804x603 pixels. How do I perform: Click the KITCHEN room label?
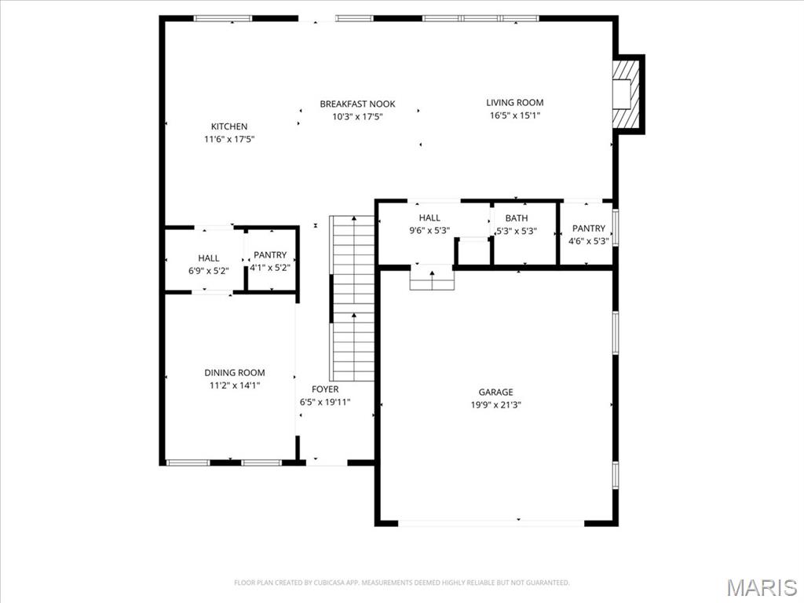click(x=228, y=126)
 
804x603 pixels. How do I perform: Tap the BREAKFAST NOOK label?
click(x=357, y=104)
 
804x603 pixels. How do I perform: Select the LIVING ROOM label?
click(x=514, y=102)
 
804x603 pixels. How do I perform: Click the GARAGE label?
click(x=495, y=392)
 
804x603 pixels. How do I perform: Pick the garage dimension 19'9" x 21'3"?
click(x=495, y=405)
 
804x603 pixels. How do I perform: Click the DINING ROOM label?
click(x=235, y=372)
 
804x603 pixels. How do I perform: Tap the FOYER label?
click(x=325, y=389)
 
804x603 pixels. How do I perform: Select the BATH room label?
click(x=517, y=217)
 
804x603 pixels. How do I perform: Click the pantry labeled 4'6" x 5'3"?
click(x=588, y=235)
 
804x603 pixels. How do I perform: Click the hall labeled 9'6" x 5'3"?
click(x=429, y=225)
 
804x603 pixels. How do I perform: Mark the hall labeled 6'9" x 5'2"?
click(x=209, y=264)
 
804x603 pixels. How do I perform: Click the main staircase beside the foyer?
click(x=353, y=298)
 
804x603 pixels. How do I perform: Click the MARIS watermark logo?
click(x=761, y=587)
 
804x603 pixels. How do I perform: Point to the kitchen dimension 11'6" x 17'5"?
click(x=228, y=139)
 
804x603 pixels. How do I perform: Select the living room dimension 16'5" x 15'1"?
click(x=514, y=115)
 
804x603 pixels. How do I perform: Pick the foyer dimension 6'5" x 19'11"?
click(x=325, y=402)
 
